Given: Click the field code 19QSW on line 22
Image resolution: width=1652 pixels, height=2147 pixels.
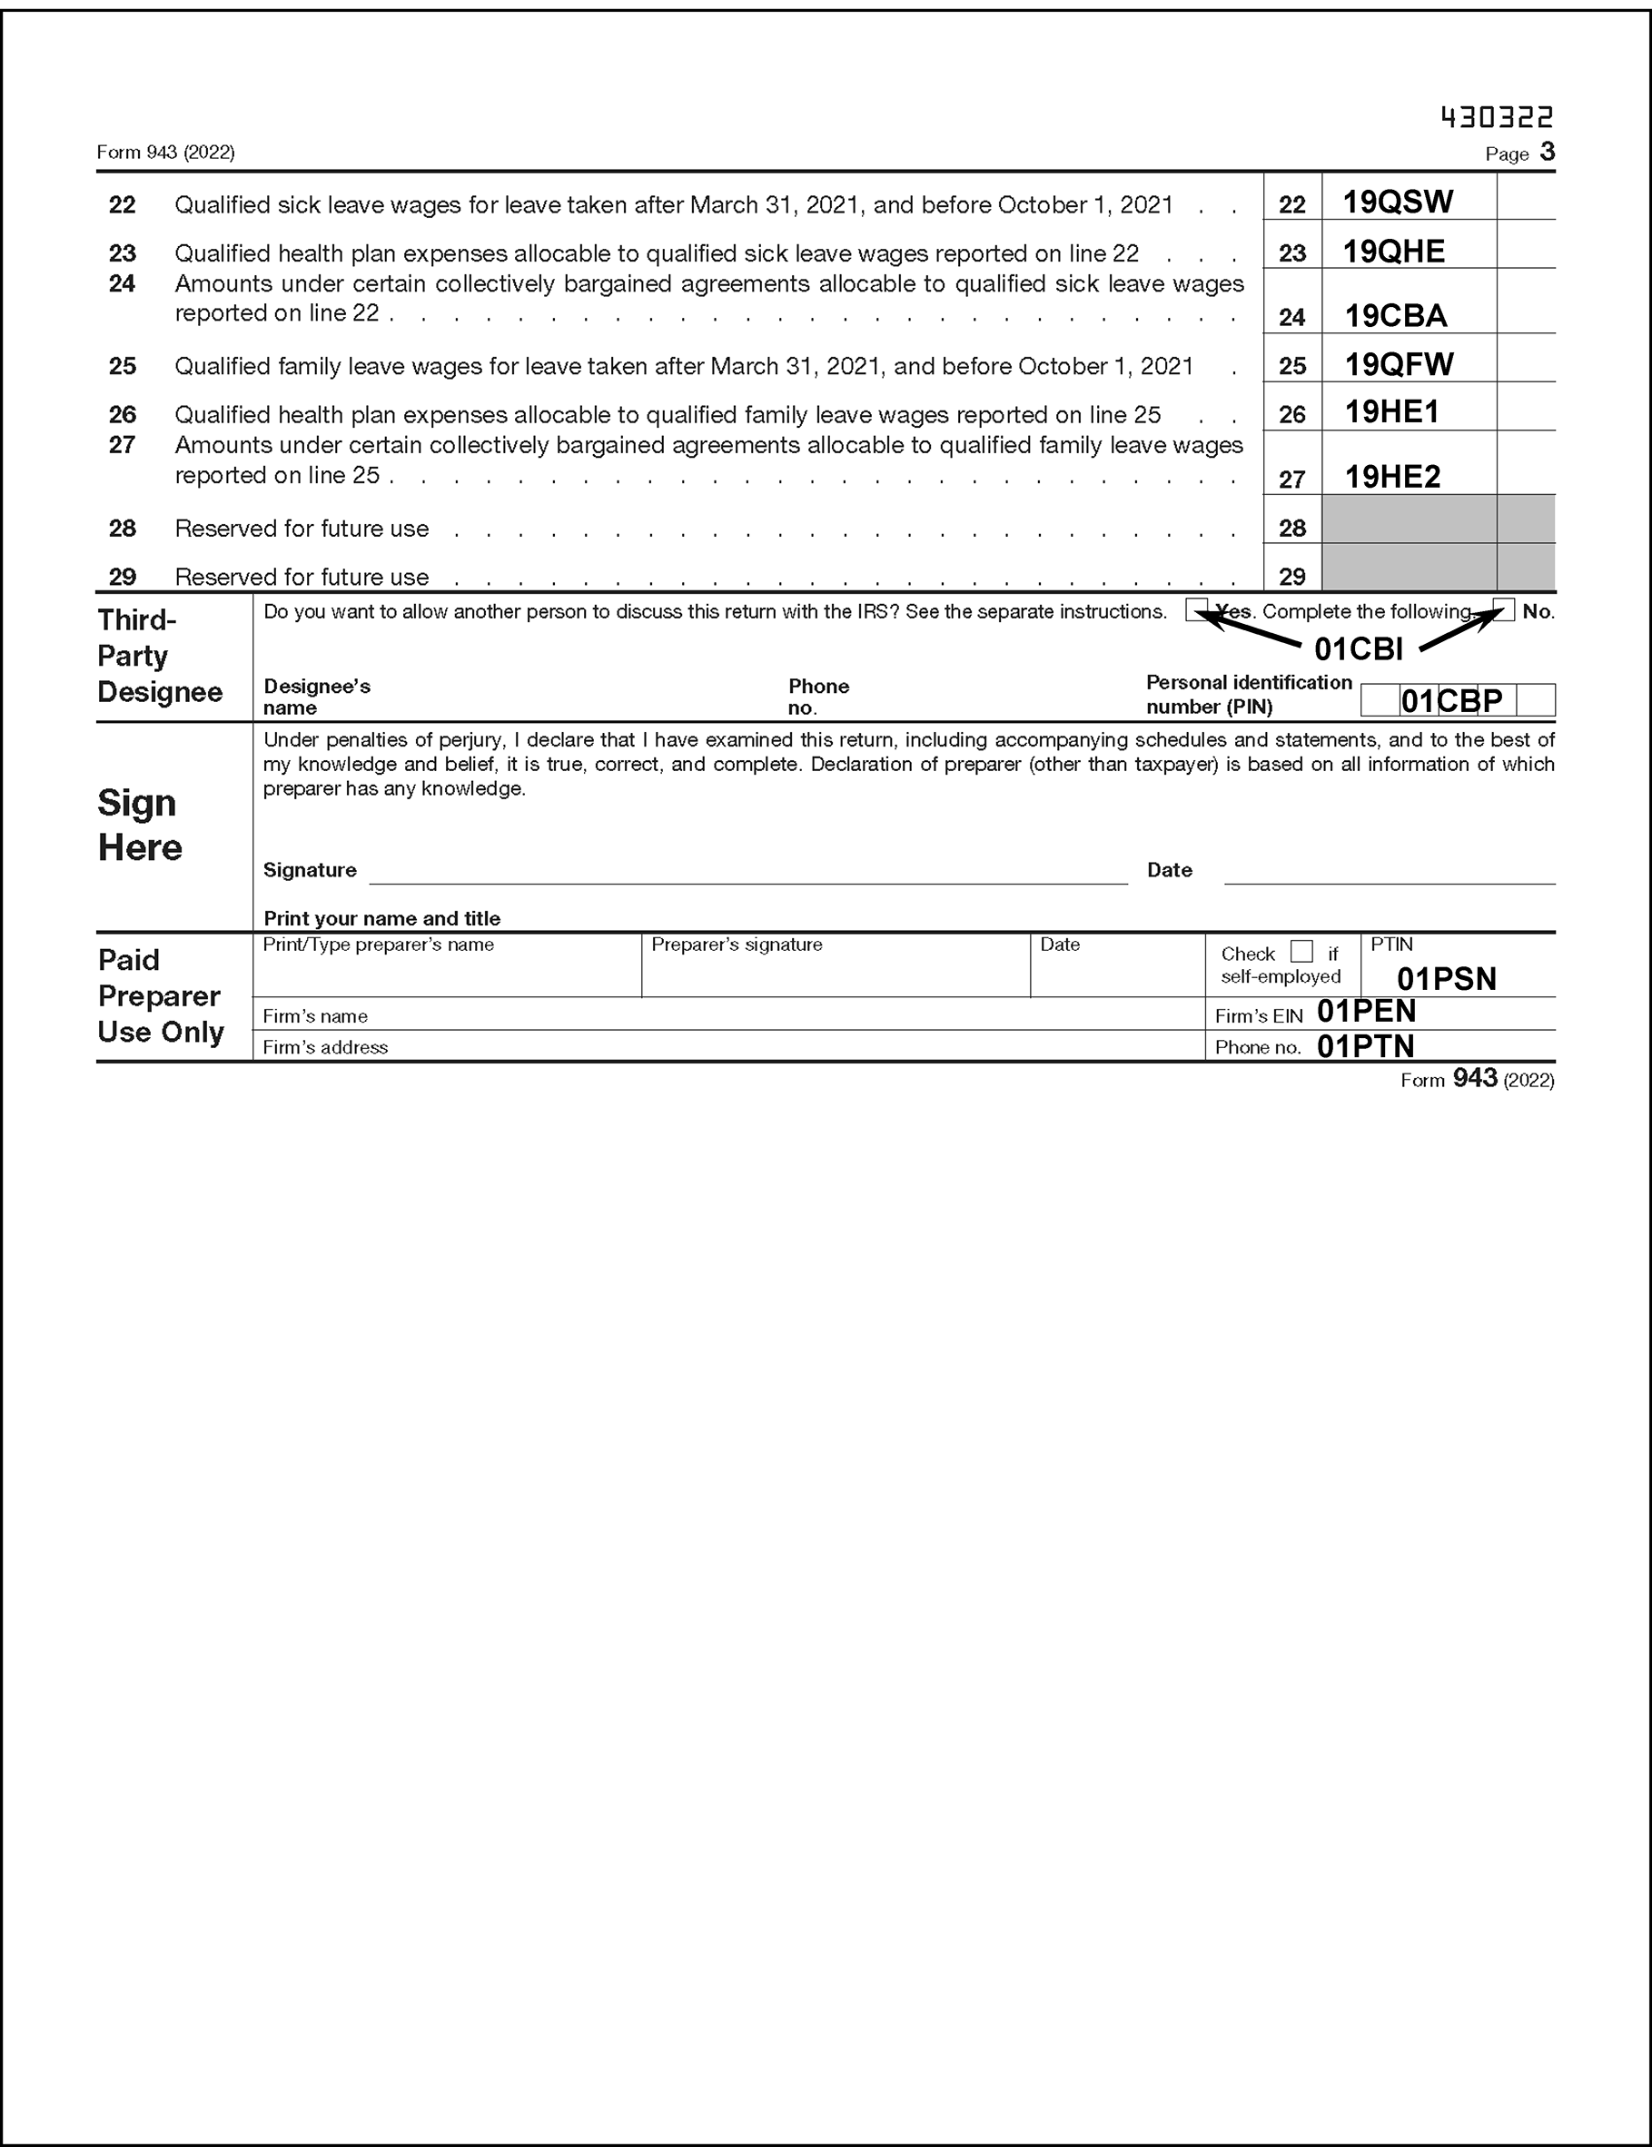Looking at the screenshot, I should [1398, 203].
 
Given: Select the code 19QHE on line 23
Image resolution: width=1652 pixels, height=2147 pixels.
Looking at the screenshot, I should [1393, 252].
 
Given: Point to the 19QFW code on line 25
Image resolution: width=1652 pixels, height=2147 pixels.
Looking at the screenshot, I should [1399, 365].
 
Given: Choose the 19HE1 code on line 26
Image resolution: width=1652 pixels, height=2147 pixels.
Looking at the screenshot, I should [1391, 412].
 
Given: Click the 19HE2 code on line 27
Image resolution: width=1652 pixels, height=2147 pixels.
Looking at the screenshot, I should [1392, 477].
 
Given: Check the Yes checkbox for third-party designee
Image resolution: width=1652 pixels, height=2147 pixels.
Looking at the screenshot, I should [1197, 609].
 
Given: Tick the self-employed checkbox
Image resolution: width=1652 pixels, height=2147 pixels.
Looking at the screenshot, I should [1301, 952].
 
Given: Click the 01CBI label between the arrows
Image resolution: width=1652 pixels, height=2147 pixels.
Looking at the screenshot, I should [1358, 648].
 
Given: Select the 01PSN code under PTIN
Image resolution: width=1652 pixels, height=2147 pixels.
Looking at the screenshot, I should [1447, 979].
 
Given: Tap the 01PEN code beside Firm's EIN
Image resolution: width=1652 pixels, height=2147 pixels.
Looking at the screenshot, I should [1366, 1012].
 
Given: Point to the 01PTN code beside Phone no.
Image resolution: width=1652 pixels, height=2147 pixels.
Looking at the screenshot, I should [1365, 1046].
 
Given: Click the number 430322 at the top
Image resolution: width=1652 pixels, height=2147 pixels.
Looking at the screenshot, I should [1497, 118].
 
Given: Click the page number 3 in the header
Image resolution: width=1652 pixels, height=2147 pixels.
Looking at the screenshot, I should [1547, 152].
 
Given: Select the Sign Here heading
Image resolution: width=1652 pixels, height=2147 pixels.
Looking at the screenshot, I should [140, 825].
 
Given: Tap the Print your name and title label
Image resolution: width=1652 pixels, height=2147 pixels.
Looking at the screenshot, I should [381, 918].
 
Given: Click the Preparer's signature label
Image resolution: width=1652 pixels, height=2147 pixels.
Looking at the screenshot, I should [737, 945].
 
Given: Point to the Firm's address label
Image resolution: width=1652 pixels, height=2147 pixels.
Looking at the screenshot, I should [324, 1048].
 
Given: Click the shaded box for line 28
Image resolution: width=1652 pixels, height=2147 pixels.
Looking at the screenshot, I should [1410, 519].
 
